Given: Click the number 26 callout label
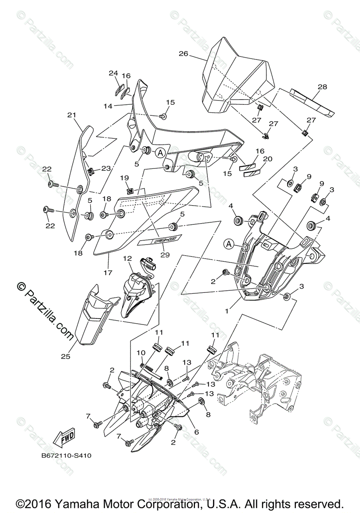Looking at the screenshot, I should pyautogui.click(x=183, y=54).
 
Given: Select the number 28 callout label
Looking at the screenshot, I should pyautogui.click(x=322, y=87).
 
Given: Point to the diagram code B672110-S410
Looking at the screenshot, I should pyautogui.click(x=66, y=456).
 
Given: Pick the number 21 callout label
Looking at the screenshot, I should pyautogui.click(x=71, y=115).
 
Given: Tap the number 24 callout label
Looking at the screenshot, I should pyautogui.click(x=113, y=73).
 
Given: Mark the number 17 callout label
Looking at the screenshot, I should pyautogui.click(x=108, y=272).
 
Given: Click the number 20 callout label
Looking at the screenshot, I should pyautogui.click(x=268, y=159).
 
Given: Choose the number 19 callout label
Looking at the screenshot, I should pyautogui.click(x=124, y=177).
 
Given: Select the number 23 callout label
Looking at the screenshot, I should pyautogui.click(x=106, y=168).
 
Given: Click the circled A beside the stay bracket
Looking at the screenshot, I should pyautogui.click(x=229, y=244).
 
